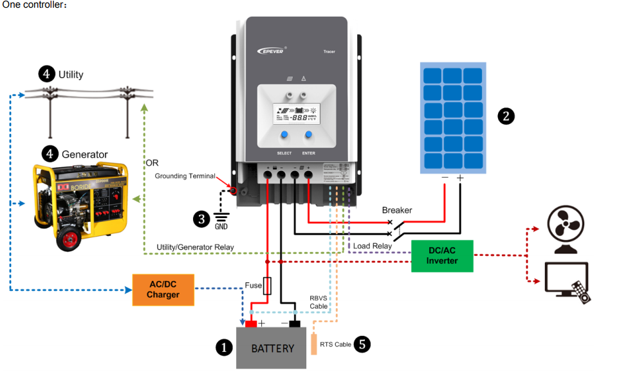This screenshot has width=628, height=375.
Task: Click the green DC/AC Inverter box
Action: (442, 256)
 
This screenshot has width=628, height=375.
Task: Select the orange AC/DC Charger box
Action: (163, 290)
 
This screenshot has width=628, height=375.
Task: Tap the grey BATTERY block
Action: (272, 348)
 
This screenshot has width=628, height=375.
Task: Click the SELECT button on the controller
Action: (284, 136)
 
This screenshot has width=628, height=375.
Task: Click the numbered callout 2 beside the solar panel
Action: (506, 116)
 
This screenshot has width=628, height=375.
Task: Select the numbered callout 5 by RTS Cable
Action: (363, 345)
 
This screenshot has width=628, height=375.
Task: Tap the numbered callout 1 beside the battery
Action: (223, 347)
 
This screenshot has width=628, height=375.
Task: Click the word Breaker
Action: (397, 210)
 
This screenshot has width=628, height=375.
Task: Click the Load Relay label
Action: (373, 246)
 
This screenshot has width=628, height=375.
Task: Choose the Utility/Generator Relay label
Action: (195, 247)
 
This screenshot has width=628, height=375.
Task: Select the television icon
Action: (567, 282)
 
